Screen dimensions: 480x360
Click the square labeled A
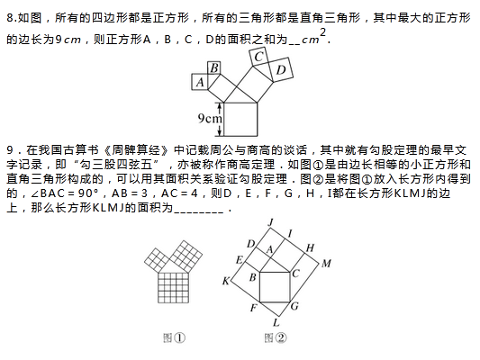200,82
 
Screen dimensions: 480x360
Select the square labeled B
214,67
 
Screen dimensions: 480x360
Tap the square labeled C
259,58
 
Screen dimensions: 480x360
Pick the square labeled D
280,70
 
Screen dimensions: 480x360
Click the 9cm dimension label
210,119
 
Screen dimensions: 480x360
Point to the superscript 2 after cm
322,32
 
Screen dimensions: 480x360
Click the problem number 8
12,18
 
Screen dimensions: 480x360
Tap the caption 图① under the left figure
174,338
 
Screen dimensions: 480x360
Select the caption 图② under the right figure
276,338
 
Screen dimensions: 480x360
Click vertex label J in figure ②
270,222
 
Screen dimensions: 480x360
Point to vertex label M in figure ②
326,264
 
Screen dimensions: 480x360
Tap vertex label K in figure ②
226,281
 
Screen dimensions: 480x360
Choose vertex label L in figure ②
276,322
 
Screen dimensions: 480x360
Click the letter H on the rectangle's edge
310,247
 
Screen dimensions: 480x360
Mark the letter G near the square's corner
294,306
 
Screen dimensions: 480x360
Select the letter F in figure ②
253,308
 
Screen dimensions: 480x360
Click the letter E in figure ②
240,260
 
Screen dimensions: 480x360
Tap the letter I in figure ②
290,234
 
